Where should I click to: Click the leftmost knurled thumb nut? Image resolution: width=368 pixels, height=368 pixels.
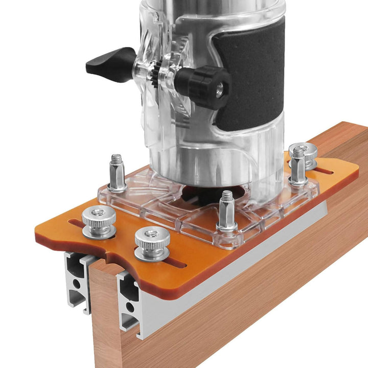point(99,221)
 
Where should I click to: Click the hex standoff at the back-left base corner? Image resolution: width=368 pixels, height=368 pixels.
point(117,174)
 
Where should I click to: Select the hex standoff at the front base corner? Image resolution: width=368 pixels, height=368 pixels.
point(226,211)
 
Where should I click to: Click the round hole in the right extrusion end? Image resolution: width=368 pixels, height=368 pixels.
point(129,307)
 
